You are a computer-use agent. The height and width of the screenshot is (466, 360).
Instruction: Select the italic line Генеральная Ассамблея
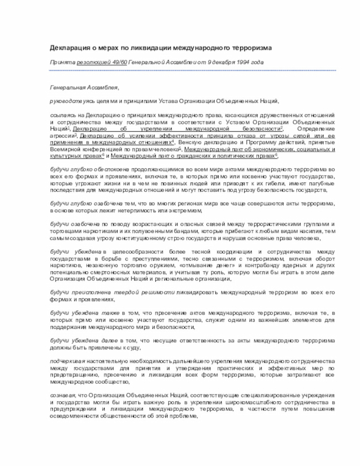click(x=84, y=88)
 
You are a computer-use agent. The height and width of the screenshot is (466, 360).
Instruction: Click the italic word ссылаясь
click(x=62, y=114)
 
